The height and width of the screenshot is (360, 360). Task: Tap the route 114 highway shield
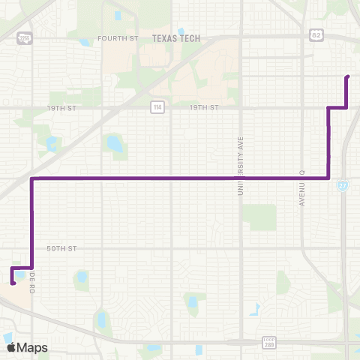tap(157, 108)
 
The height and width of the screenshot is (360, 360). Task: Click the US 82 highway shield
tap(316, 34)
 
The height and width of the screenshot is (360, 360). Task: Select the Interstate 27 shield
tap(342, 185)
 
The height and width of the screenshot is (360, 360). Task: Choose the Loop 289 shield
tap(268, 343)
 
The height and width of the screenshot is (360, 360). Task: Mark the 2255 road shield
tap(25, 37)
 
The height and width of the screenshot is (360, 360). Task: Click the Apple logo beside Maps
tap(10, 347)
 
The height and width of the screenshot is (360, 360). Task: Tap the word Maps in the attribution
tap(32, 348)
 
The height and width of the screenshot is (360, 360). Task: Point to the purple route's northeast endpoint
tap(346, 76)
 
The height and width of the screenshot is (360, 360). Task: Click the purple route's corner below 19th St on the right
tap(328, 178)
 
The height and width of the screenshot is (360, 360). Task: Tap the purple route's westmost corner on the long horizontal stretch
tap(31, 178)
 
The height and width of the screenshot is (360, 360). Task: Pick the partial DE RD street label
tap(34, 277)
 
